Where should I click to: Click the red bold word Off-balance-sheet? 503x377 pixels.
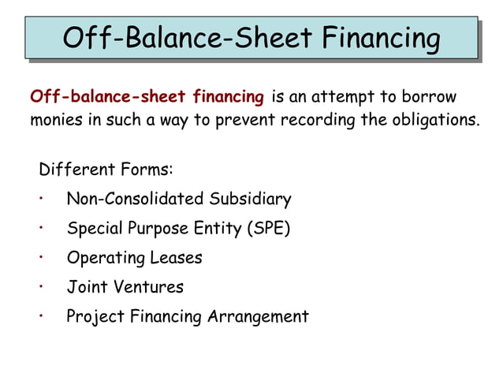[107, 98]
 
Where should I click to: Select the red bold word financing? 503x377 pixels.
[228, 98]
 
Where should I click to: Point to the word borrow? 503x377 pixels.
[429, 98]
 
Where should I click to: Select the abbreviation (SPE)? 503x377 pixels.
[269, 229]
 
